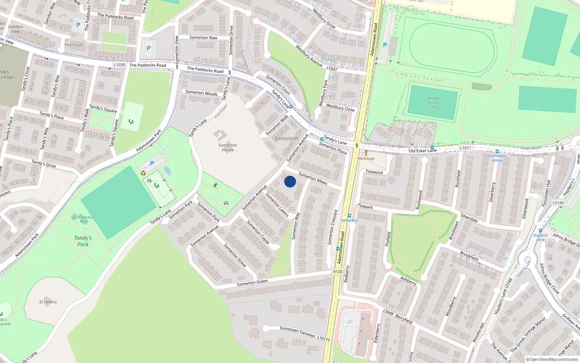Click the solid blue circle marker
(290, 181)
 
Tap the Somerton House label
(228, 147)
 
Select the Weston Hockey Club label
(432, 103)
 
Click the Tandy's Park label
(83, 241)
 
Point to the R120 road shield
(337, 272)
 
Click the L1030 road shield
(119, 65)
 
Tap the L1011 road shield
(465, 148)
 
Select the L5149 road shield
(558, 203)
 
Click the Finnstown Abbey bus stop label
(497, 158)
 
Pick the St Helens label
(48, 302)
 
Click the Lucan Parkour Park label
(83, 219)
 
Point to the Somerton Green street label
(252, 282)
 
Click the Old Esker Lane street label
(422, 151)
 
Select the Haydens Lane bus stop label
(540, 237)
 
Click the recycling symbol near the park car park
(143, 173)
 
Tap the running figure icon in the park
(215, 185)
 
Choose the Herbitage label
(366, 158)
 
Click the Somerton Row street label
(203, 37)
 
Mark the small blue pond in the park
(167, 171)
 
